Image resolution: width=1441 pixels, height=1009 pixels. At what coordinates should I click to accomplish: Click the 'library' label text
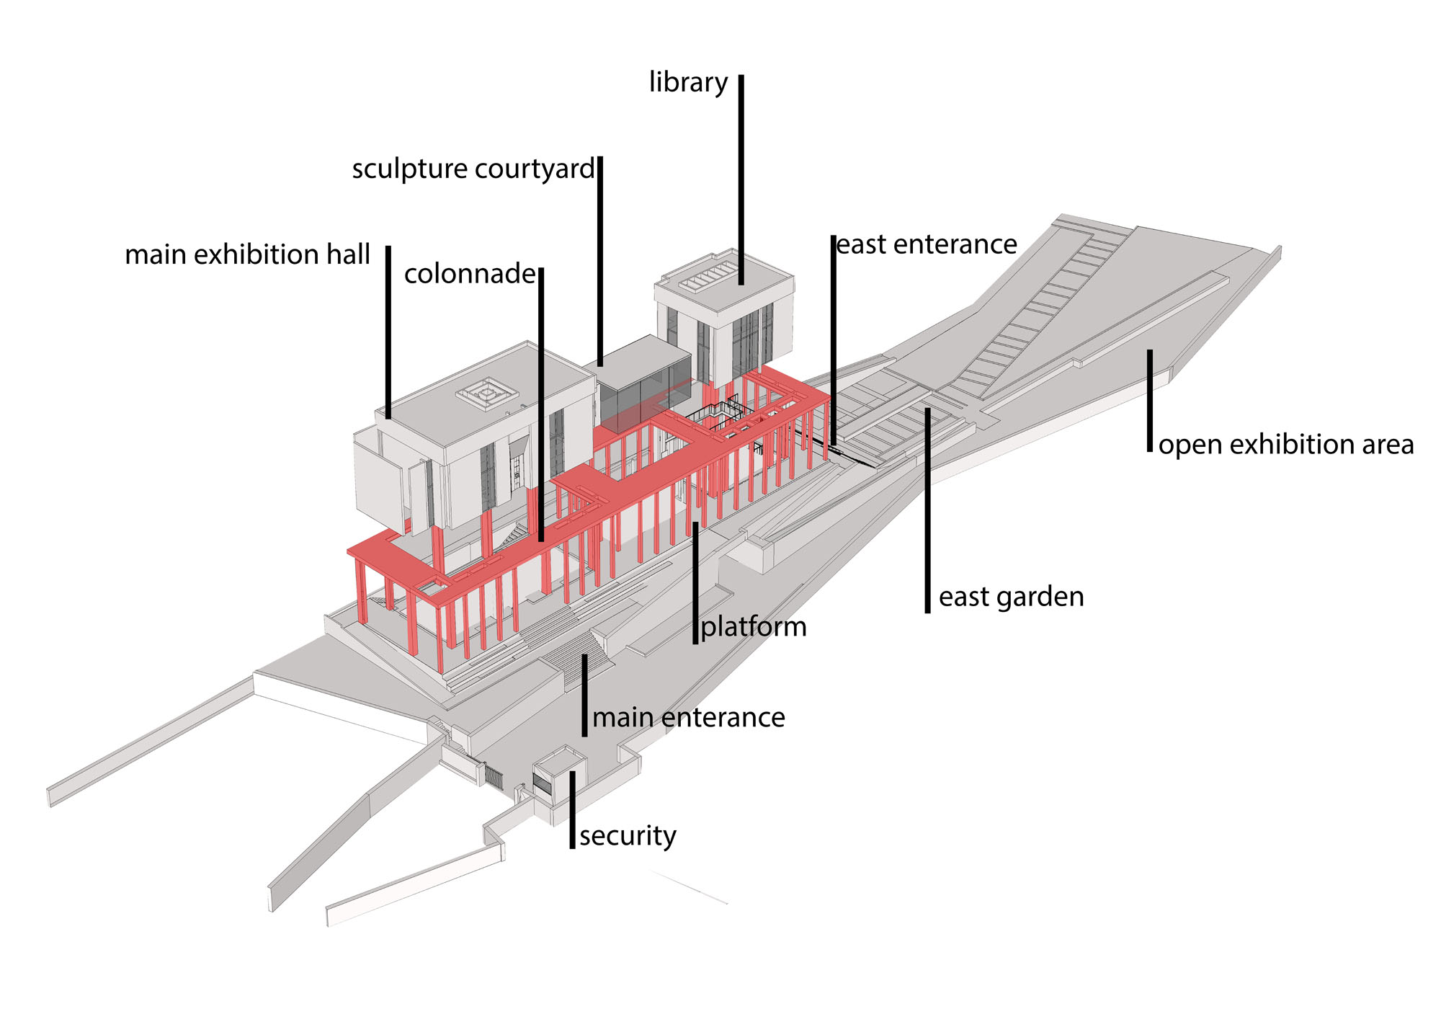(688, 83)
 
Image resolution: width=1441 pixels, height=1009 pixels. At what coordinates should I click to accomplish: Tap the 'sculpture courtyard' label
(473, 169)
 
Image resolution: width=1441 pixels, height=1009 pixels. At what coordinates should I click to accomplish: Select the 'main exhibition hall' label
(247, 255)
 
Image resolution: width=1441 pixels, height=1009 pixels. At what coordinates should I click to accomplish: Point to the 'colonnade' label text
(470, 274)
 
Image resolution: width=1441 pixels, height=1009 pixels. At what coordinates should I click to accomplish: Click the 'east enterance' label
(927, 245)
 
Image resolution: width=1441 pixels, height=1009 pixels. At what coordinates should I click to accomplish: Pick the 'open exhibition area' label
(1286, 445)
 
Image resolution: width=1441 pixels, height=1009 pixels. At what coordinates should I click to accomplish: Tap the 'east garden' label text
(1011, 597)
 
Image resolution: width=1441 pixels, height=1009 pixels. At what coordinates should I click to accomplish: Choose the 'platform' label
(754, 627)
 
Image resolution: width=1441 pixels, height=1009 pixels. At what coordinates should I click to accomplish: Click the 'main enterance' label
(688, 718)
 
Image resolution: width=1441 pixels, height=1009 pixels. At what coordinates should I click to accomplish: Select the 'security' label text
(628, 836)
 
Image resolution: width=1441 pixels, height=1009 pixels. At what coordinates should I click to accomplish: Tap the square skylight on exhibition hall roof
(487, 394)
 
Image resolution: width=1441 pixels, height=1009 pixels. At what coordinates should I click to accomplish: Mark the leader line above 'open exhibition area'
(1150, 400)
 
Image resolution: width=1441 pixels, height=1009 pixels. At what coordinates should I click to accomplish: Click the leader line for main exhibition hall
(388, 332)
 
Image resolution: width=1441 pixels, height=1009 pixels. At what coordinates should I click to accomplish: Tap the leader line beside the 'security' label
(572, 811)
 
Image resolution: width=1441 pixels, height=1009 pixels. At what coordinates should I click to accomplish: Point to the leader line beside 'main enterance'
(584, 695)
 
